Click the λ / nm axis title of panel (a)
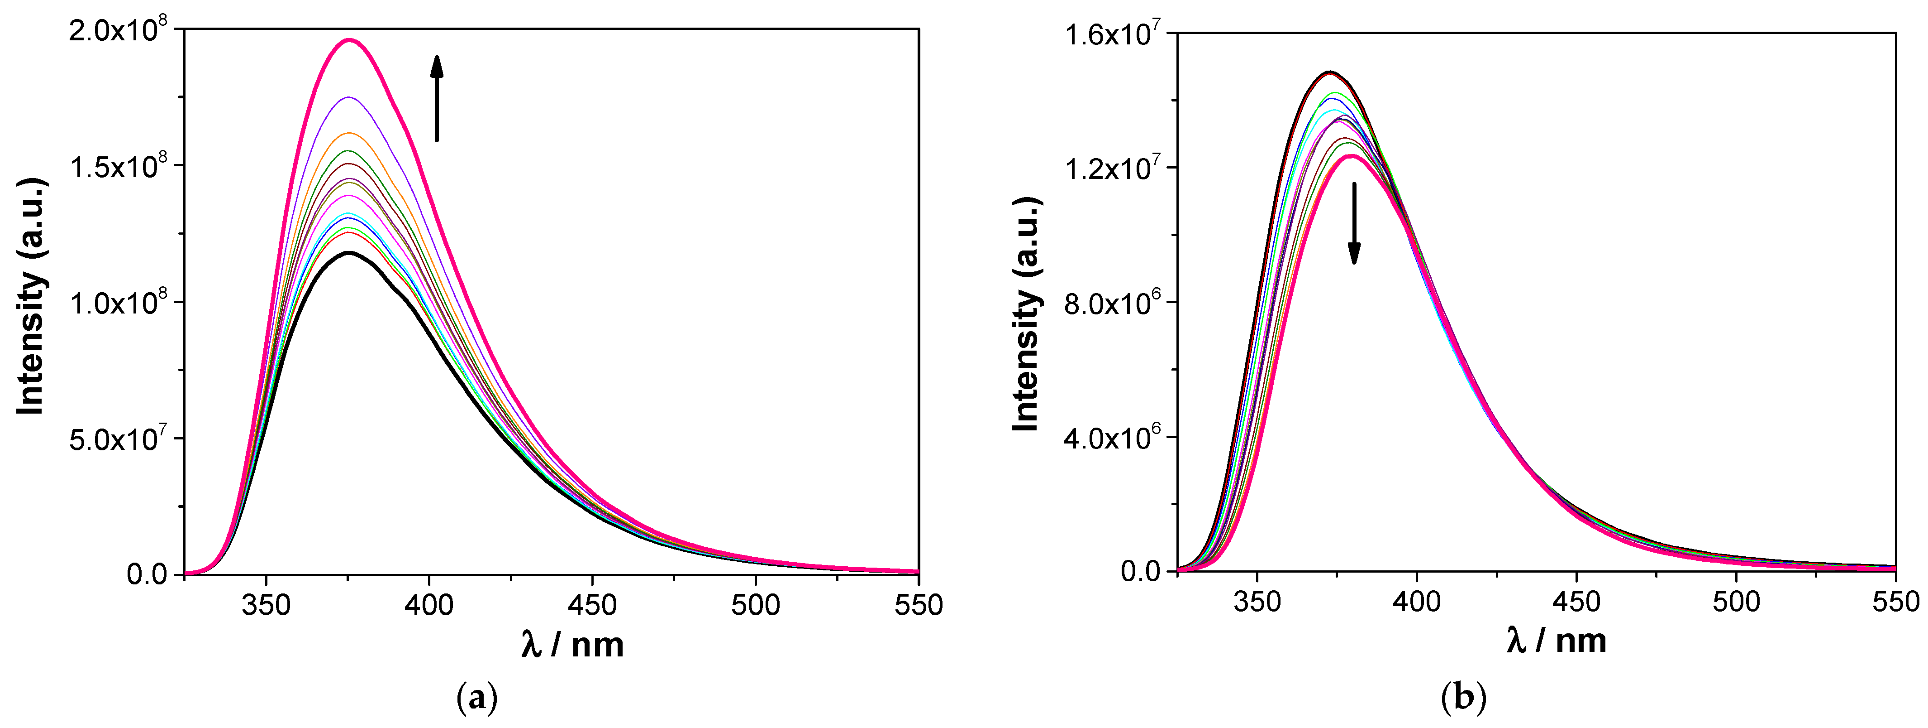(x=572, y=644)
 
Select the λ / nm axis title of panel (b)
(x=1557, y=641)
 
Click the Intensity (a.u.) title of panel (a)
(x=31, y=296)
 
